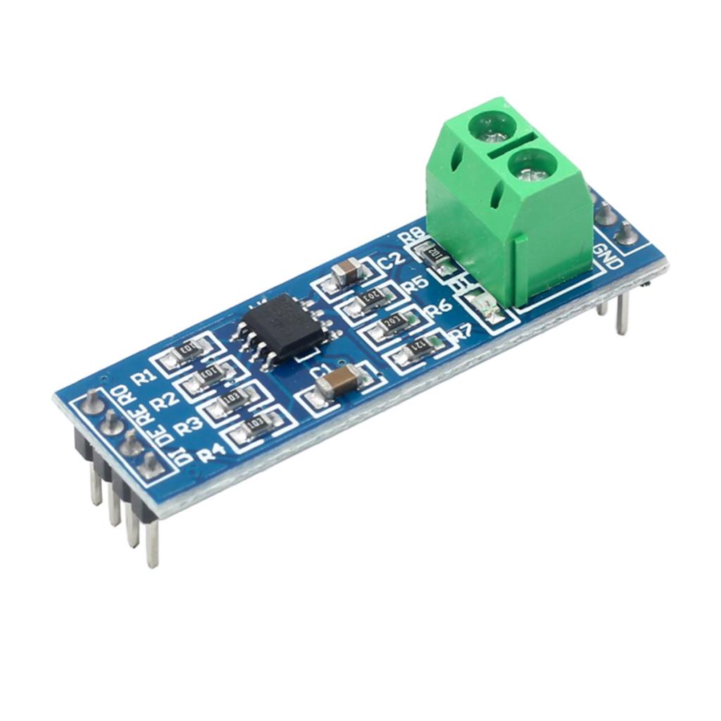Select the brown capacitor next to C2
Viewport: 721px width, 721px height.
click(346, 270)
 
